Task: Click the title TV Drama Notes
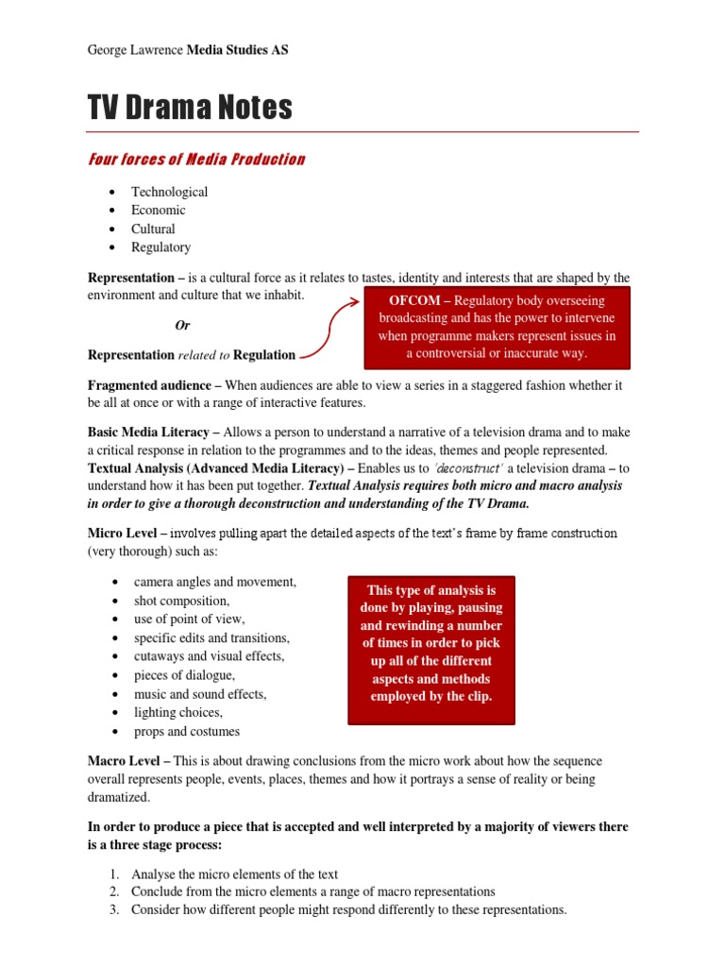pyautogui.click(x=190, y=109)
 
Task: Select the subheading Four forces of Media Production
pyautogui.click(x=196, y=159)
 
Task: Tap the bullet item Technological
pyautogui.click(x=170, y=192)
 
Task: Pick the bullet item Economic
pyautogui.click(x=159, y=210)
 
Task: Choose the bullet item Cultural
pyautogui.click(x=154, y=229)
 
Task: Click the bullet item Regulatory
pyautogui.click(x=161, y=247)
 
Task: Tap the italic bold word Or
pyautogui.click(x=183, y=325)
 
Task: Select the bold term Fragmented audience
pyautogui.click(x=150, y=386)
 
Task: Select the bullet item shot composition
pyautogui.click(x=181, y=601)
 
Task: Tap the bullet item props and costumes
pyautogui.click(x=187, y=731)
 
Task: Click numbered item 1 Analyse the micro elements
pyautogui.click(x=234, y=874)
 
